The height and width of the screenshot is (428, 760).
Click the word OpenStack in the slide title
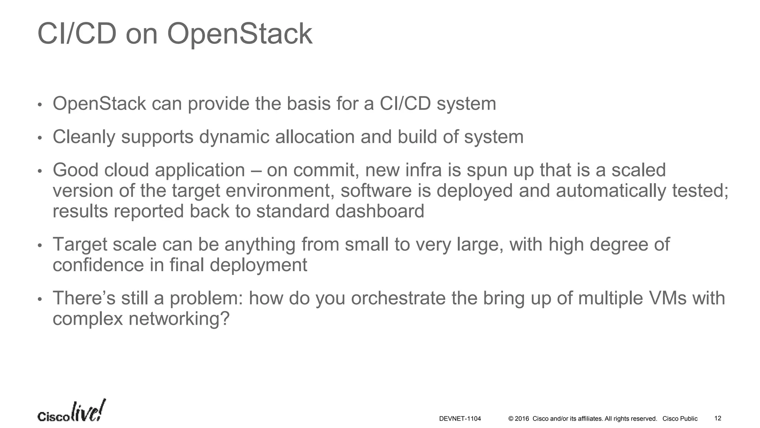(x=240, y=34)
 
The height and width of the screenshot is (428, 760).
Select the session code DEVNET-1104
(x=460, y=419)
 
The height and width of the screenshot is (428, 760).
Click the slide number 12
(x=718, y=418)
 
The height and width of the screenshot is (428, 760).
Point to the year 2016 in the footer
(x=522, y=419)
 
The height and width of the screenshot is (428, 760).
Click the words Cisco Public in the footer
(x=680, y=419)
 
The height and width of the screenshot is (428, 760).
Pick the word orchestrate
(x=398, y=298)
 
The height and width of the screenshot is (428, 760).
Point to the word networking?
(x=179, y=319)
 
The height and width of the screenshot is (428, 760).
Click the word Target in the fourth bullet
(x=79, y=244)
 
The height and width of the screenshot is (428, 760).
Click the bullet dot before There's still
(x=40, y=299)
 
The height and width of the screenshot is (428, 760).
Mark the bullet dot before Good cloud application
(x=40, y=171)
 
